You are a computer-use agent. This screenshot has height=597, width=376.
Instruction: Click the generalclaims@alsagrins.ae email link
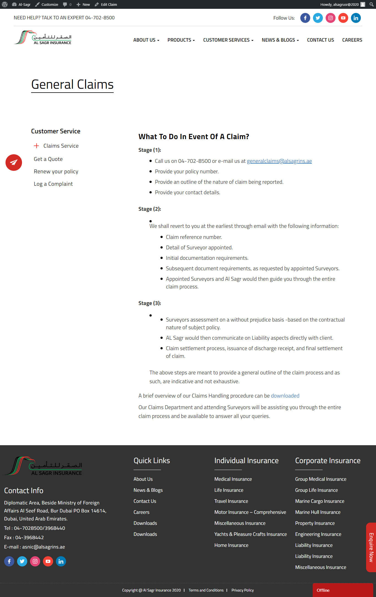(279, 161)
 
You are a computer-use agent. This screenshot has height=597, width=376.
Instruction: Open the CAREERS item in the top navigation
(352, 40)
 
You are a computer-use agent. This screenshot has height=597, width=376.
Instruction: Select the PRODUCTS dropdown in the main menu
(181, 40)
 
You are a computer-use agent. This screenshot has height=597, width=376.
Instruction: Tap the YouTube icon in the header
(343, 18)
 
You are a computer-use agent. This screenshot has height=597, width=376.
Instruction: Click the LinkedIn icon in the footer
(61, 561)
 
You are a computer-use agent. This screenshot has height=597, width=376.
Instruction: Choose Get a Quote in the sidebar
(48, 159)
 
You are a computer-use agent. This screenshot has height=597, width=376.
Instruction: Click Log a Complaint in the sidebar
(53, 184)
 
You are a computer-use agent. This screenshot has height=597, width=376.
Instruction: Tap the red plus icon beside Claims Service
(36, 146)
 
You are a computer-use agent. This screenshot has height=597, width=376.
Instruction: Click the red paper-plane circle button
(14, 163)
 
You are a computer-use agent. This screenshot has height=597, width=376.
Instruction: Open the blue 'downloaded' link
(285, 396)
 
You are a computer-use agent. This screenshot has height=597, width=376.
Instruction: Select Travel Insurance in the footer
(231, 501)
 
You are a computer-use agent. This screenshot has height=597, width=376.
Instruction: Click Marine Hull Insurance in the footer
(318, 512)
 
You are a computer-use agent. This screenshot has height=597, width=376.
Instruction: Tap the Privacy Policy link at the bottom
(243, 590)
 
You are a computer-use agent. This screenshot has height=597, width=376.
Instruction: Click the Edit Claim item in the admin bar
(106, 4)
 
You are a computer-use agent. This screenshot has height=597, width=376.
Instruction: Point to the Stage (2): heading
(150, 209)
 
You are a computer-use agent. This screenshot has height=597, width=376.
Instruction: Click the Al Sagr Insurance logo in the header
(43, 38)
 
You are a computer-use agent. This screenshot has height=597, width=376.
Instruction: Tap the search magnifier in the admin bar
(371, 4)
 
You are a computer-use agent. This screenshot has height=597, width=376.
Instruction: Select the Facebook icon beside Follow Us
(305, 18)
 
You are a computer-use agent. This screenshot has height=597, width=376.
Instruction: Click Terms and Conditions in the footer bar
(206, 590)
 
